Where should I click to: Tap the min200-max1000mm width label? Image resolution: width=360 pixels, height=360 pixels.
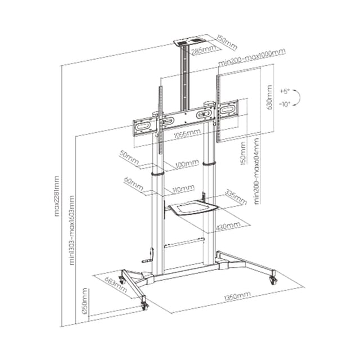pyautogui.click(x=253, y=57)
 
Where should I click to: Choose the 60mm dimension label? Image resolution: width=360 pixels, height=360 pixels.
pyautogui.click(x=130, y=181)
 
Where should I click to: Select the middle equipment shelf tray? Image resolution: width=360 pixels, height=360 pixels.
pyautogui.click(x=192, y=209)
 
